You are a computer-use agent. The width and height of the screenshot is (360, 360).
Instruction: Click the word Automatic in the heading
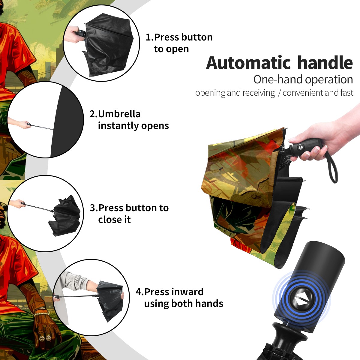click(x=248, y=63)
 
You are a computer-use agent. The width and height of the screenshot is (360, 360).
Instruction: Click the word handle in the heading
click(x=325, y=63)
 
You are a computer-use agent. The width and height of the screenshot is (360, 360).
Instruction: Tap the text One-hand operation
click(x=303, y=80)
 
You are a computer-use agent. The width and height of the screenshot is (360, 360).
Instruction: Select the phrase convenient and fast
click(x=318, y=93)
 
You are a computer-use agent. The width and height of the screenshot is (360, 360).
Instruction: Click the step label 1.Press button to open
click(x=179, y=43)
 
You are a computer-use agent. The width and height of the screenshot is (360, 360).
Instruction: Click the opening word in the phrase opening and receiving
click(x=210, y=93)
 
